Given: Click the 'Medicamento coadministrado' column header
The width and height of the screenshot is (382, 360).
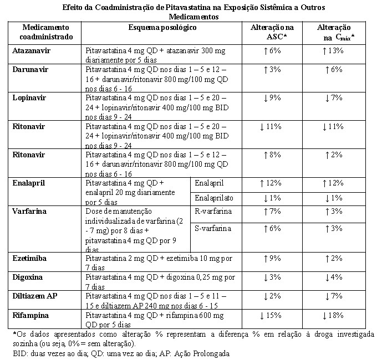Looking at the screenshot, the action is point(46,32).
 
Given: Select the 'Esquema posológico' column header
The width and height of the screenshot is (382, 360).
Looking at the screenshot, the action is point(162,28).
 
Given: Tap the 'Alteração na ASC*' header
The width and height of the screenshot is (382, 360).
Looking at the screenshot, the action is point(272,32).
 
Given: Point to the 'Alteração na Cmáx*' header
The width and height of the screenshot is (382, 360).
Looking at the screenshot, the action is point(334,32).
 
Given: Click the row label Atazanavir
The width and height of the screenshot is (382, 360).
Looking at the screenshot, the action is point(31,50).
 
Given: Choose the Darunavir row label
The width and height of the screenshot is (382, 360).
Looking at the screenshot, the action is point(30,70).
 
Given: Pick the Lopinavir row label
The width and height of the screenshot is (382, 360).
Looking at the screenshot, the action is point(29,98).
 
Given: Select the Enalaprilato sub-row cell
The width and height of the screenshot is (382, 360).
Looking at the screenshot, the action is point(214,198).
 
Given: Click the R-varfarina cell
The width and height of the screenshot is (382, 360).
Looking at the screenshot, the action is point(213,211).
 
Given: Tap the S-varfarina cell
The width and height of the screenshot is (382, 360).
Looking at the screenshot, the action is point(213,228).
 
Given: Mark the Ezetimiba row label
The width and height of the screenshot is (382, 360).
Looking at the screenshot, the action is point(29,258).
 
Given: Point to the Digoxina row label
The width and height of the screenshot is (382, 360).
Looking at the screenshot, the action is point(28,277).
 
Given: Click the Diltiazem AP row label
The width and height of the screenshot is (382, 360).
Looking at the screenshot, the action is point(35,296).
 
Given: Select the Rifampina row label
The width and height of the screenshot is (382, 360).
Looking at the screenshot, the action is point(30,316).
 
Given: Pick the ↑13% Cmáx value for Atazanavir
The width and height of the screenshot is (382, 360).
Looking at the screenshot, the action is point(333,50).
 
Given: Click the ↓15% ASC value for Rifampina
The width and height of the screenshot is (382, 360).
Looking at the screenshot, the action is point(271,316).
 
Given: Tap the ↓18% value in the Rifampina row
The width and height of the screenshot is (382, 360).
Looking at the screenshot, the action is point(333,316).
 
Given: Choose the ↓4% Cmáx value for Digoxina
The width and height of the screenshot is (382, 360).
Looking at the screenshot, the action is point(334,277).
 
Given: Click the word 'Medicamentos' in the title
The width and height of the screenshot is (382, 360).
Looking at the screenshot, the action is point(193,17).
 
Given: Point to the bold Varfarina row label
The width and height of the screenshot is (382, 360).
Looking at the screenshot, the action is point(29,211).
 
